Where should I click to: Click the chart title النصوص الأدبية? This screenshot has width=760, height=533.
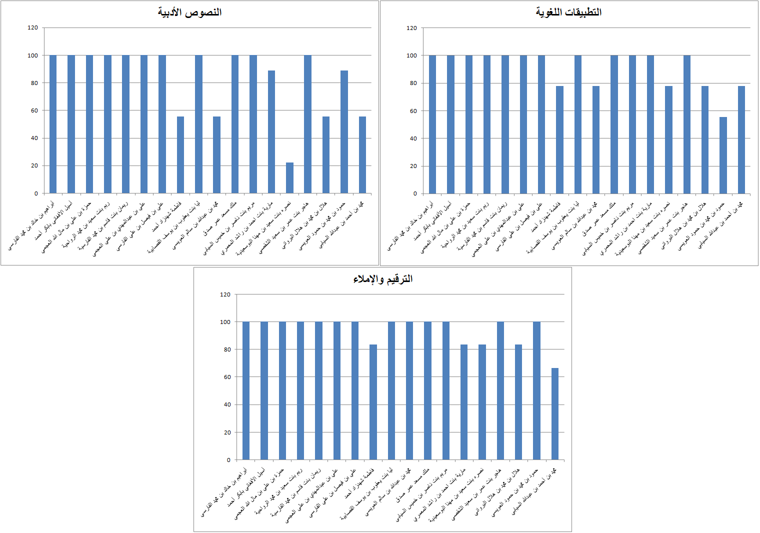(x=189, y=12)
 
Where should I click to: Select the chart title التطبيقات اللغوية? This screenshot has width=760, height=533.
(x=568, y=12)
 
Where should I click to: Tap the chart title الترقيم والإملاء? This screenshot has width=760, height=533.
(x=382, y=279)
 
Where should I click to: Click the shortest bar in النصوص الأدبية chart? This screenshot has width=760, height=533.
(x=289, y=178)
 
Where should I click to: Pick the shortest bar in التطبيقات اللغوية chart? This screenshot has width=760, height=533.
(x=723, y=155)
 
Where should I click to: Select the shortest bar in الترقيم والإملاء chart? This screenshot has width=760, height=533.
(x=554, y=414)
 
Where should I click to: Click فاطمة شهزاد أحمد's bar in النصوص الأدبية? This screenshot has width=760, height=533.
(x=180, y=155)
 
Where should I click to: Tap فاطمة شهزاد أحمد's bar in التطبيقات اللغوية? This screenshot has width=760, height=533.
(x=559, y=140)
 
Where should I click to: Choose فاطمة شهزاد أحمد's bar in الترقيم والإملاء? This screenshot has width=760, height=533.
(x=373, y=402)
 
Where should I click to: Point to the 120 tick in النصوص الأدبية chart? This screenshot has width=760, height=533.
(x=32, y=28)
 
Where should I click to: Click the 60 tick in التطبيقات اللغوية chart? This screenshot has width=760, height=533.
(x=413, y=111)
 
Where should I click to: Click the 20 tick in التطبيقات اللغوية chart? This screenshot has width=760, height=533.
(x=413, y=166)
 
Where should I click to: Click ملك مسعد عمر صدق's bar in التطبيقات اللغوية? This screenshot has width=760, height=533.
(x=614, y=124)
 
